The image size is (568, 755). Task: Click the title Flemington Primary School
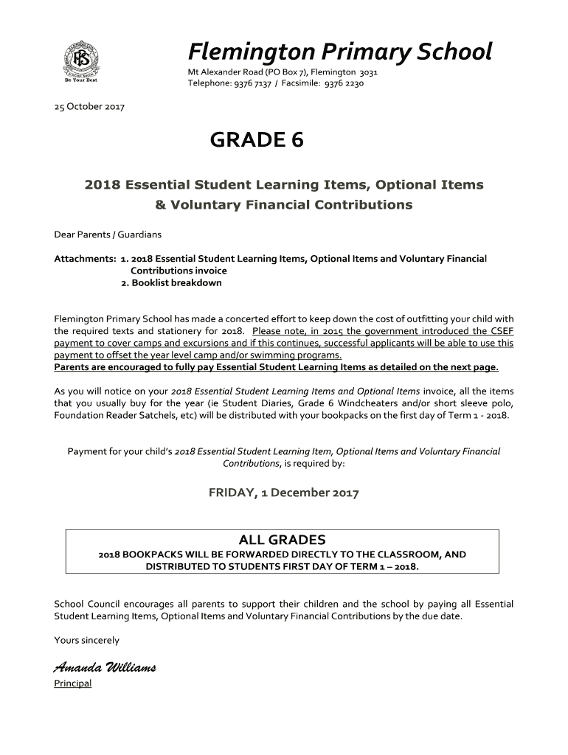(339, 52)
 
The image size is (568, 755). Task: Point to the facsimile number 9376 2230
(344, 83)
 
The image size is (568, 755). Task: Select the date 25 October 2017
(89, 107)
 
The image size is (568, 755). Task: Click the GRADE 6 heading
(257, 140)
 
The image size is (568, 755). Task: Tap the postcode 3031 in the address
(368, 72)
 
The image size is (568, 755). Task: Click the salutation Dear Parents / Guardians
(108, 234)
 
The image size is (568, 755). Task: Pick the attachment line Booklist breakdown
(176, 282)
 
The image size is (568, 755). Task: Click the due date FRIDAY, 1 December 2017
(284, 493)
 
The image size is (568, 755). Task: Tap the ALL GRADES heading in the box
(282, 540)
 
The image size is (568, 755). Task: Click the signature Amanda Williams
(104, 668)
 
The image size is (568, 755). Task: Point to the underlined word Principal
(73, 683)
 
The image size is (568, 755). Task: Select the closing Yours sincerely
(86, 640)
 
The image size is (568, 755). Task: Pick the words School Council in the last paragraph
(86, 604)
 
